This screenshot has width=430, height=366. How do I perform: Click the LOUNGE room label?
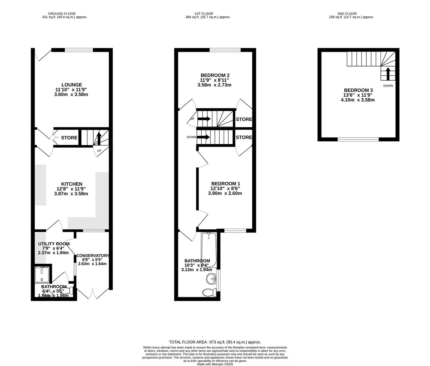[71, 85]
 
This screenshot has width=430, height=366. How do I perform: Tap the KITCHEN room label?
[71, 184]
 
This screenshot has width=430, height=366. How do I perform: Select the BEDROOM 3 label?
[358, 90]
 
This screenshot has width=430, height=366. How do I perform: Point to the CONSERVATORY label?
[93, 256]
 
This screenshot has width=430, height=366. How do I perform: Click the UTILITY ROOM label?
[54, 244]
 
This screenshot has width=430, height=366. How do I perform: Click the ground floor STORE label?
[69, 138]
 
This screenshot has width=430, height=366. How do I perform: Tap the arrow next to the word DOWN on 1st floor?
[204, 137]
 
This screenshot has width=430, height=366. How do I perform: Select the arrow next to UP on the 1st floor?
[204, 119]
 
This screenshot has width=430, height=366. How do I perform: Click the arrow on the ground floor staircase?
[99, 139]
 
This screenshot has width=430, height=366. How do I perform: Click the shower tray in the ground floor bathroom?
[42, 274]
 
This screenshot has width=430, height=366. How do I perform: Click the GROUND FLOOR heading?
[62, 14]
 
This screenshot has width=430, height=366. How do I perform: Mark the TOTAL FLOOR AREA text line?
[215, 342]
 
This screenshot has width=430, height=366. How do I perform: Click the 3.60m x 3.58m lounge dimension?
[71, 94]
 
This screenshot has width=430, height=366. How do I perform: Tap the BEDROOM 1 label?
[225, 184]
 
